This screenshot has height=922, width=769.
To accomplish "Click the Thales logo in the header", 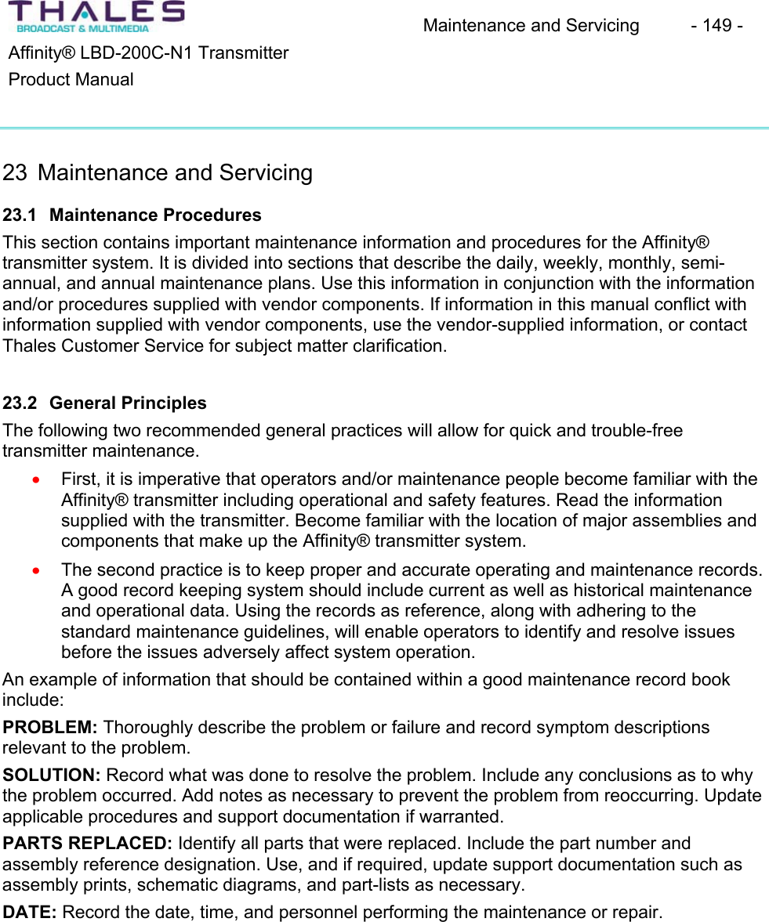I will (x=96, y=16).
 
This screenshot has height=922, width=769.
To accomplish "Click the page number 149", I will (x=716, y=26).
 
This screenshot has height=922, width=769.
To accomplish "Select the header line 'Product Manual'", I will (x=71, y=80).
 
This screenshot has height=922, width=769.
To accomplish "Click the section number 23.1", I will (x=19, y=215).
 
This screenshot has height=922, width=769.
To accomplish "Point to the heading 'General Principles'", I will (x=128, y=403).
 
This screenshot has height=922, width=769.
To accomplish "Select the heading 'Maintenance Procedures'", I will (x=155, y=215).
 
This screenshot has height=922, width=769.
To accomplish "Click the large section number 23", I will (x=15, y=173).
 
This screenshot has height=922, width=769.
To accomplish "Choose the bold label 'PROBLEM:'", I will (x=51, y=728).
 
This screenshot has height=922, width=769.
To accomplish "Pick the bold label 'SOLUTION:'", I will (x=52, y=776).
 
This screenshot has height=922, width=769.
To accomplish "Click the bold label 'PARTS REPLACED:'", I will (x=88, y=844).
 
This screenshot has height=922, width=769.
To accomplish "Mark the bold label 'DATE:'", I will (x=30, y=913).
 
